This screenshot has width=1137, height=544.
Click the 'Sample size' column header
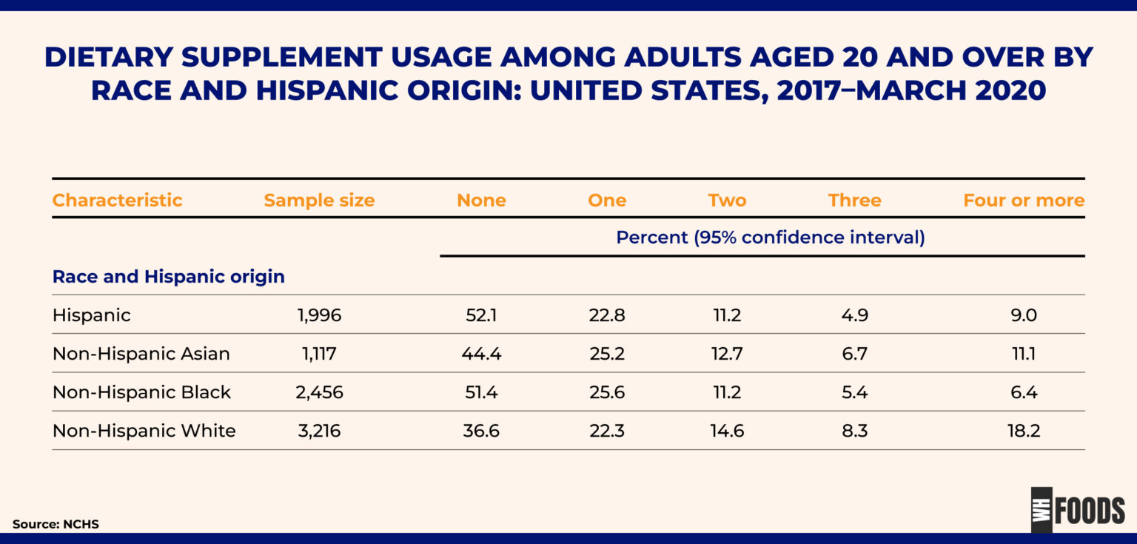(x=319, y=201)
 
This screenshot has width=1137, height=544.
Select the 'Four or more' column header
(x=1023, y=201)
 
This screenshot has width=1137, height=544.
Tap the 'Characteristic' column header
(x=117, y=201)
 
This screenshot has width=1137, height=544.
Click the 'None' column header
(x=481, y=201)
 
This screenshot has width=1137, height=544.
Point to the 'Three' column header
(x=854, y=201)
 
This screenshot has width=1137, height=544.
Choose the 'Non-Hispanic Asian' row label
(x=141, y=354)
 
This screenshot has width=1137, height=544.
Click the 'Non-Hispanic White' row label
(x=144, y=431)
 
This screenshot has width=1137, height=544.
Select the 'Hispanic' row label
(x=91, y=315)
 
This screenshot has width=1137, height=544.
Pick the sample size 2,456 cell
(x=319, y=392)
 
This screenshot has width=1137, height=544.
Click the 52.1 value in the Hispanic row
(x=481, y=315)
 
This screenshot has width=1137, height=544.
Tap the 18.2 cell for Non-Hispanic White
(x=1024, y=431)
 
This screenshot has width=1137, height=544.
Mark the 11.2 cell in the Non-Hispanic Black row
(x=726, y=392)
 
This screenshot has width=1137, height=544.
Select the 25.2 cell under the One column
(x=606, y=354)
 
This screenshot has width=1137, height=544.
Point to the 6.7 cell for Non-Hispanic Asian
(x=854, y=354)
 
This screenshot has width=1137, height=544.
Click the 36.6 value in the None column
(x=481, y=431)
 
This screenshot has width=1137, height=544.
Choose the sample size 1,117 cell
(x=319, y=354)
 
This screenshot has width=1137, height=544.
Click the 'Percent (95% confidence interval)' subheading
(x=771, y=238)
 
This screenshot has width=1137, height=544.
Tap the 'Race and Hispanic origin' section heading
(x=168, y=277)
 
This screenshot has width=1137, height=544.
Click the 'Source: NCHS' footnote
(x=56, y=524)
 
